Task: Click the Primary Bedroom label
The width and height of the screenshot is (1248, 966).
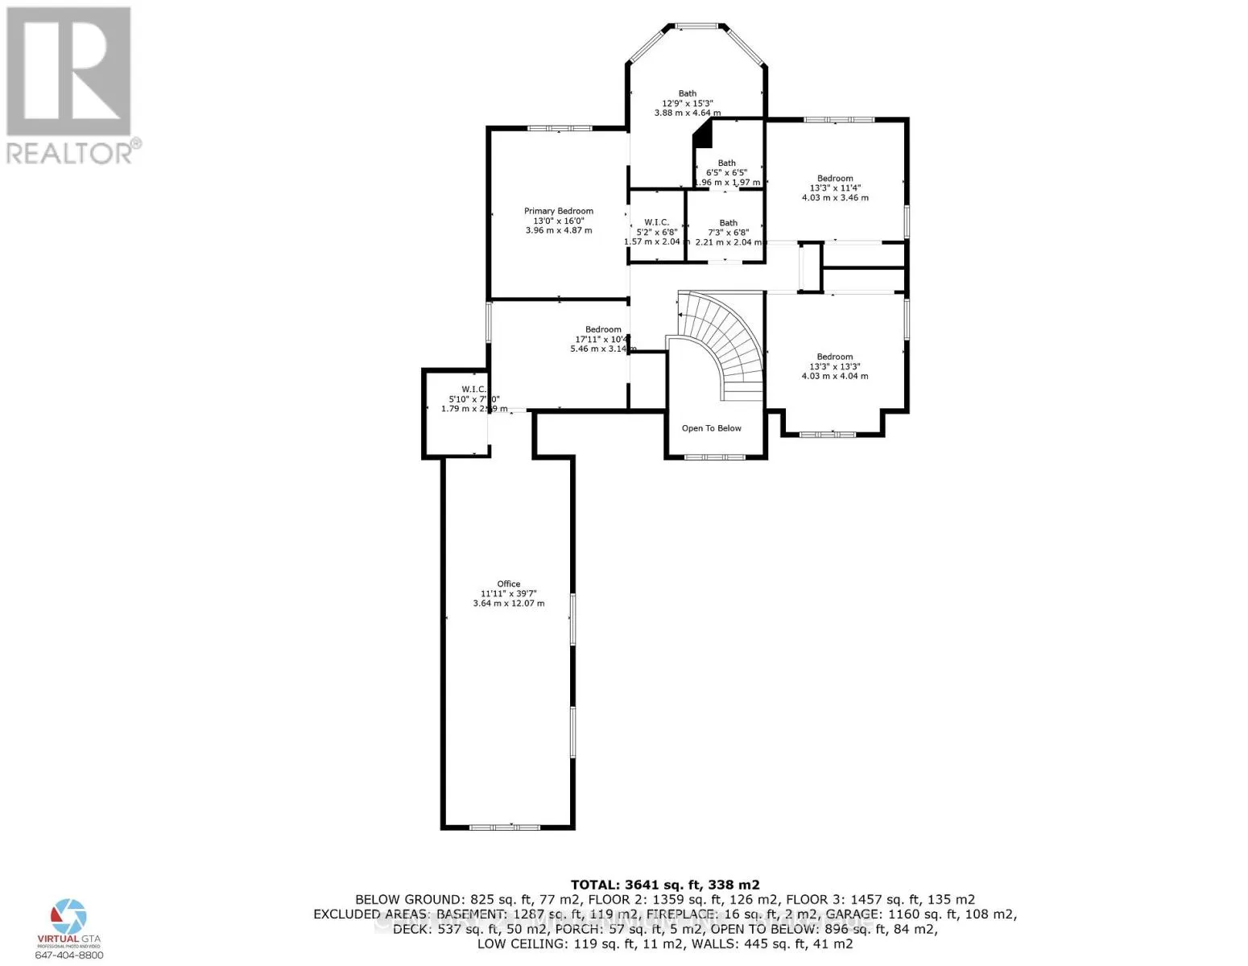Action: (558, 211)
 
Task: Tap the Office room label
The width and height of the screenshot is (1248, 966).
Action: (508, 584)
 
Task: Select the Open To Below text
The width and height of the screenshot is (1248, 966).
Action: (711, 428)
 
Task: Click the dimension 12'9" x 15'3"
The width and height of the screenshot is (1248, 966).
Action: (687, 103)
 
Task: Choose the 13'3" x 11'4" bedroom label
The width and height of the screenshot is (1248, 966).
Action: (835, 179)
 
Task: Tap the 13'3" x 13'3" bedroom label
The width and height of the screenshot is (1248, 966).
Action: (835, 357)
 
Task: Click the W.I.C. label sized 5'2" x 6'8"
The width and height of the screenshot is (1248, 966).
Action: (656, 222)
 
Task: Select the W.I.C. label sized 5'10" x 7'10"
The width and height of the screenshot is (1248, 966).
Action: (473, 390)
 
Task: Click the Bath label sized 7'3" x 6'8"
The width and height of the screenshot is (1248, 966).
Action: (728, 223)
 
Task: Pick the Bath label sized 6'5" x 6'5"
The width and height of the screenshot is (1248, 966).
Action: (726, 163)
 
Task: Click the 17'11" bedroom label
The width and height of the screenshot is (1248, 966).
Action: (603, 329)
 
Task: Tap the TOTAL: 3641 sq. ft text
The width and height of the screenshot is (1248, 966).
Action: (665, 884)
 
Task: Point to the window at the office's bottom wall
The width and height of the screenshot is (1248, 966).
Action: (505, 827)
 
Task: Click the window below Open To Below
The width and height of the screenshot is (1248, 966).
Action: (713, 457)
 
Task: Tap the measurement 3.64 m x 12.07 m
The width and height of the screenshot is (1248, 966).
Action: (508, 603)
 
